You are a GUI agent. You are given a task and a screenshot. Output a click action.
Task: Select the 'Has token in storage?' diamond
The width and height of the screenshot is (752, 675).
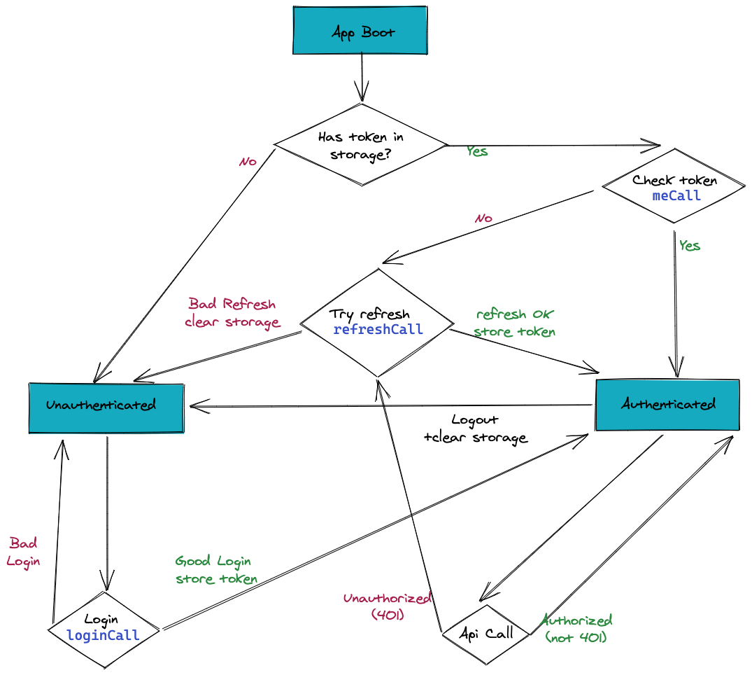click(360, 146)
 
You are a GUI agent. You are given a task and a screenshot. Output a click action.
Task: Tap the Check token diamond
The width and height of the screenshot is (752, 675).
click(674, 187)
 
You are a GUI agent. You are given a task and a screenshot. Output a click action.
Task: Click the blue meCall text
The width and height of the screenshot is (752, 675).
click(676, 196)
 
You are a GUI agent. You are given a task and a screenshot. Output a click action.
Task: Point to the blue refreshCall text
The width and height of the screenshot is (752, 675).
click(378, 330)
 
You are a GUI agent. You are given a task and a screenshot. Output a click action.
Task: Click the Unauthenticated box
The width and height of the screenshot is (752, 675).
click(106, 406)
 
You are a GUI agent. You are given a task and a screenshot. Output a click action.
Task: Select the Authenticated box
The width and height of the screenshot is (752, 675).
click(667, 405)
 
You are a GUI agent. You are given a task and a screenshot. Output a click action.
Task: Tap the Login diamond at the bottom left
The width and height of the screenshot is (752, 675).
click(104, 628)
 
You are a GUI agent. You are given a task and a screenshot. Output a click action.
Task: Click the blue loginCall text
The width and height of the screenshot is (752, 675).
click(103, 636)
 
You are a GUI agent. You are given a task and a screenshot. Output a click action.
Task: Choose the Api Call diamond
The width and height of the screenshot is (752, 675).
click(486, 634)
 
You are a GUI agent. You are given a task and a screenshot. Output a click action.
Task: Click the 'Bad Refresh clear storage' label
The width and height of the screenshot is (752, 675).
click(232, 313)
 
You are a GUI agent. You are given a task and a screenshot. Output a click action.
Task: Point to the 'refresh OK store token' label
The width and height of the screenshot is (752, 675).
click(515, 323)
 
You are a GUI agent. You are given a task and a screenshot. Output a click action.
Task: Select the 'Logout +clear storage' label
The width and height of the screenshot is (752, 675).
click(475, 429)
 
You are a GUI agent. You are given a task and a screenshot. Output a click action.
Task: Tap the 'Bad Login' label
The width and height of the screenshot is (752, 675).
click(23, 552)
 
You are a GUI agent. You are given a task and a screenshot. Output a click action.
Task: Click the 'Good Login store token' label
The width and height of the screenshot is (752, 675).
click(215, 569)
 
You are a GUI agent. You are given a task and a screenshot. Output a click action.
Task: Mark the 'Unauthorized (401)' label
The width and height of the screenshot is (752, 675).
click(387, 606)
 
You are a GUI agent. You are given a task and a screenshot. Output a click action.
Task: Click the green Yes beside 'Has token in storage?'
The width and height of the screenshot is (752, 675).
click(477, 151)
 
